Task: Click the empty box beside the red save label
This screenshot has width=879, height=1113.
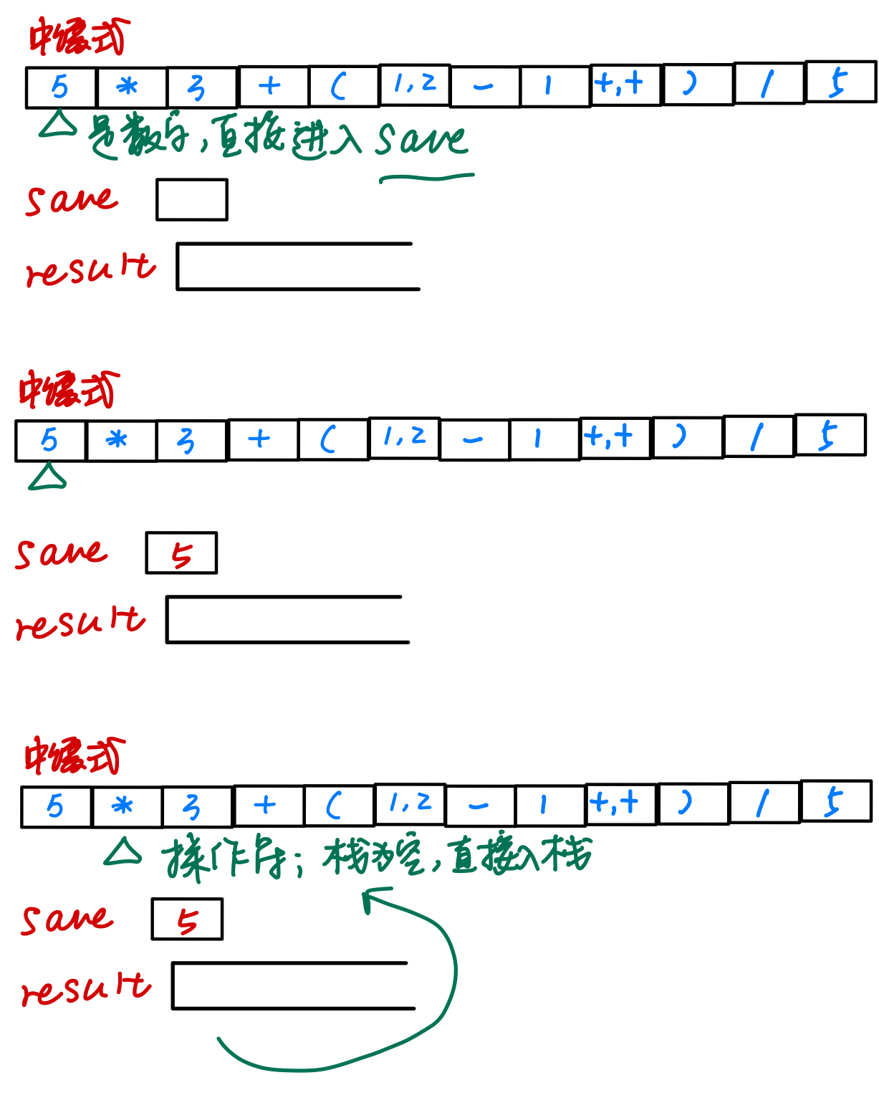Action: click(x=192, y=200)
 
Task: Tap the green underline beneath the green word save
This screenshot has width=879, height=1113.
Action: click(x=426, y=177)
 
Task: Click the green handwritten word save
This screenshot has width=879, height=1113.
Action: click(x=421, y=139)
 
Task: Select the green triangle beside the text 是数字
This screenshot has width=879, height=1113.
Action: click(x=58, y=125)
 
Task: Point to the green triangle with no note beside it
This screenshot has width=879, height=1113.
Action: click(x=47, y=477)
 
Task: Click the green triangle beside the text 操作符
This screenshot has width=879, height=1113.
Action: click(x=123, y=851)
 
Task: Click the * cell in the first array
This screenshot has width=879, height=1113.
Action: click(x=131, y=87)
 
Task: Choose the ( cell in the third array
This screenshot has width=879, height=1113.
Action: click(x=339, y=806)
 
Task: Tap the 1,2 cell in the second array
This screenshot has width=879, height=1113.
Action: click(x=404, y=437)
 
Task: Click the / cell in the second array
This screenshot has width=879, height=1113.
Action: click(x=759, y=436)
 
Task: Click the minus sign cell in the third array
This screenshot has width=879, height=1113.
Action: click(x=479, y=806)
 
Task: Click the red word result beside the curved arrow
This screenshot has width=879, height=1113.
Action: click(x=86, y=989)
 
